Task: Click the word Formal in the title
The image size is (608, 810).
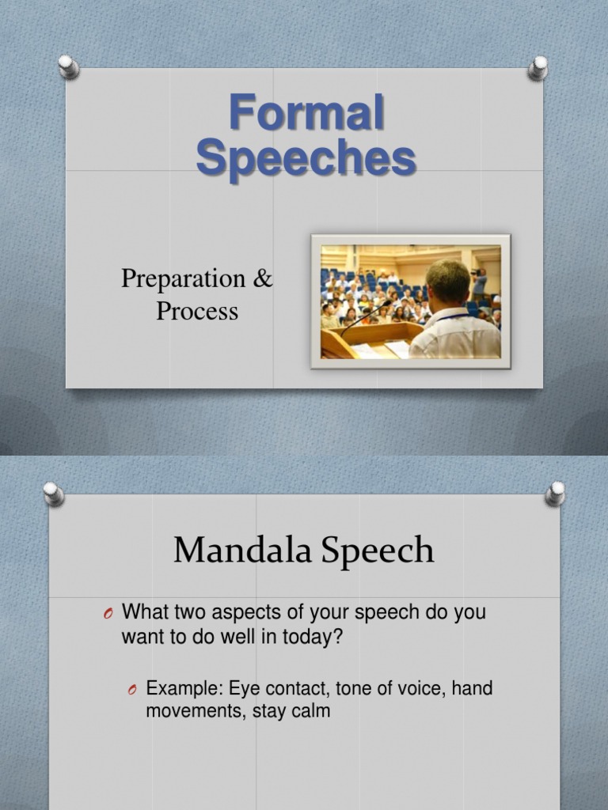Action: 306,112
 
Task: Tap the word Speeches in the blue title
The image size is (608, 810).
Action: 306,157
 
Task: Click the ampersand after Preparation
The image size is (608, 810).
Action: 264,278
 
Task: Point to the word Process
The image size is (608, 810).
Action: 197,311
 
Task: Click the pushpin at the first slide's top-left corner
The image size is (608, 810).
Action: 69,66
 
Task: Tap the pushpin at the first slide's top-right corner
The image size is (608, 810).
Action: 538,67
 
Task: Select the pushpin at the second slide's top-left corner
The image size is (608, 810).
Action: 53,494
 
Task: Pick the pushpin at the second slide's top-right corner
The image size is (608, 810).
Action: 556,494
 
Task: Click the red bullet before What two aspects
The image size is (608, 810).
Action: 108,614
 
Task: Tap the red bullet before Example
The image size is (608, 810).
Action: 132,691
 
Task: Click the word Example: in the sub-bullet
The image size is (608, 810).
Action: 184,689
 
